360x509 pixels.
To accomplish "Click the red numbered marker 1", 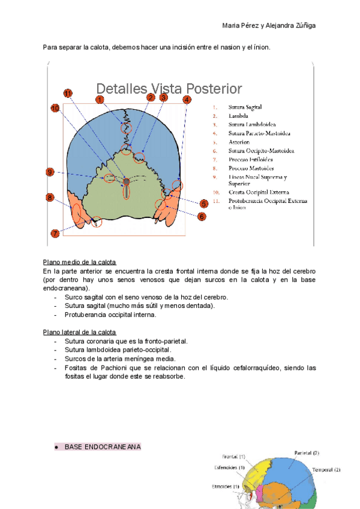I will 100,100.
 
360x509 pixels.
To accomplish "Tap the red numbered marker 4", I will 187,100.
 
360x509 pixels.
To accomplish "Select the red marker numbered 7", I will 55,233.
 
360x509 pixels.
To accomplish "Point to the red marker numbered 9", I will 50,172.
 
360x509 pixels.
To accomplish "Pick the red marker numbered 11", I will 68,93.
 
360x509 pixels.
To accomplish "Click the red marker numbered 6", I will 202,216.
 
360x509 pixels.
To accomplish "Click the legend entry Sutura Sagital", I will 245,107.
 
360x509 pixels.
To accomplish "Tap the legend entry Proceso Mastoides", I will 251,168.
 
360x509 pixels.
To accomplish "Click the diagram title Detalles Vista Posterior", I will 169,89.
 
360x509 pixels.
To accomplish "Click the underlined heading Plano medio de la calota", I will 80,263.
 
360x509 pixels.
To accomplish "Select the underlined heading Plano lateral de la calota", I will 80,332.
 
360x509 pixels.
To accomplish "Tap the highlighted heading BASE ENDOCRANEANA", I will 103,447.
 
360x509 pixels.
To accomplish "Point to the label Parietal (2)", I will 307,453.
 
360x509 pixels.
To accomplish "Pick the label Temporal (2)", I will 326,469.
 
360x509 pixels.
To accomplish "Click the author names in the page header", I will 269,25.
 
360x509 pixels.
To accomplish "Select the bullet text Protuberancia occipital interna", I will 110,315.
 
